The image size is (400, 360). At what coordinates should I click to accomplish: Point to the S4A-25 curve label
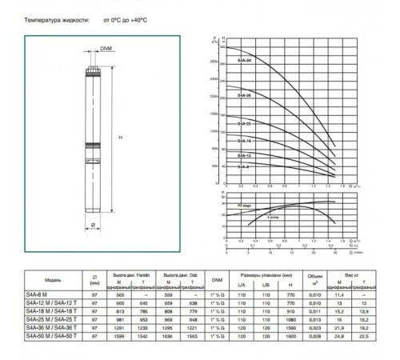click(244, 124)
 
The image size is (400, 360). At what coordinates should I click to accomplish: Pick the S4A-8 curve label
click(242, 165)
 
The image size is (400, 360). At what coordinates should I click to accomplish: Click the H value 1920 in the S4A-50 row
click(290, 336)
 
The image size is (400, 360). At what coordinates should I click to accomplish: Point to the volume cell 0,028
click(314, 336)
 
